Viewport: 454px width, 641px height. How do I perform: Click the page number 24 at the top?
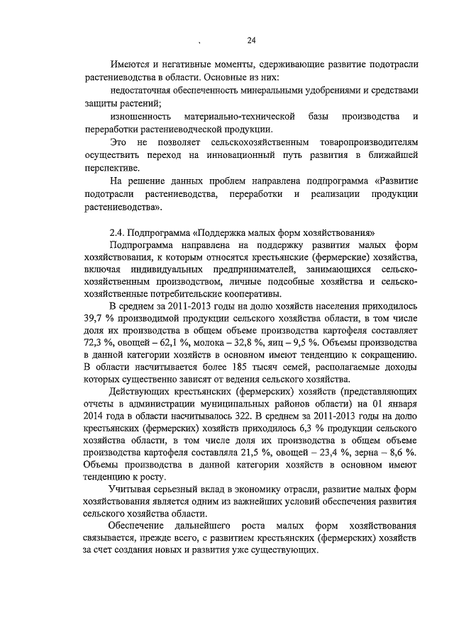[251, 40]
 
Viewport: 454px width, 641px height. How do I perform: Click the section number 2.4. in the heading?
[118, 232]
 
